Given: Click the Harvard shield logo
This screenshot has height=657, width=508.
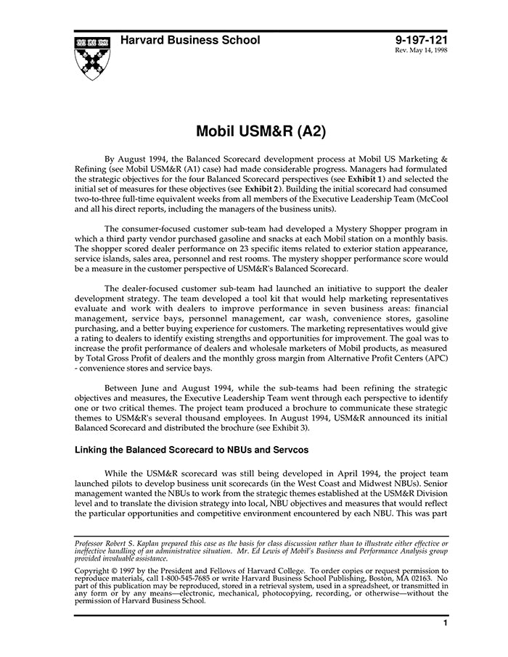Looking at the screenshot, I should coord(91,57).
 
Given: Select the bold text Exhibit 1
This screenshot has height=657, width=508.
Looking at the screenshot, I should coord(367,178).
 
